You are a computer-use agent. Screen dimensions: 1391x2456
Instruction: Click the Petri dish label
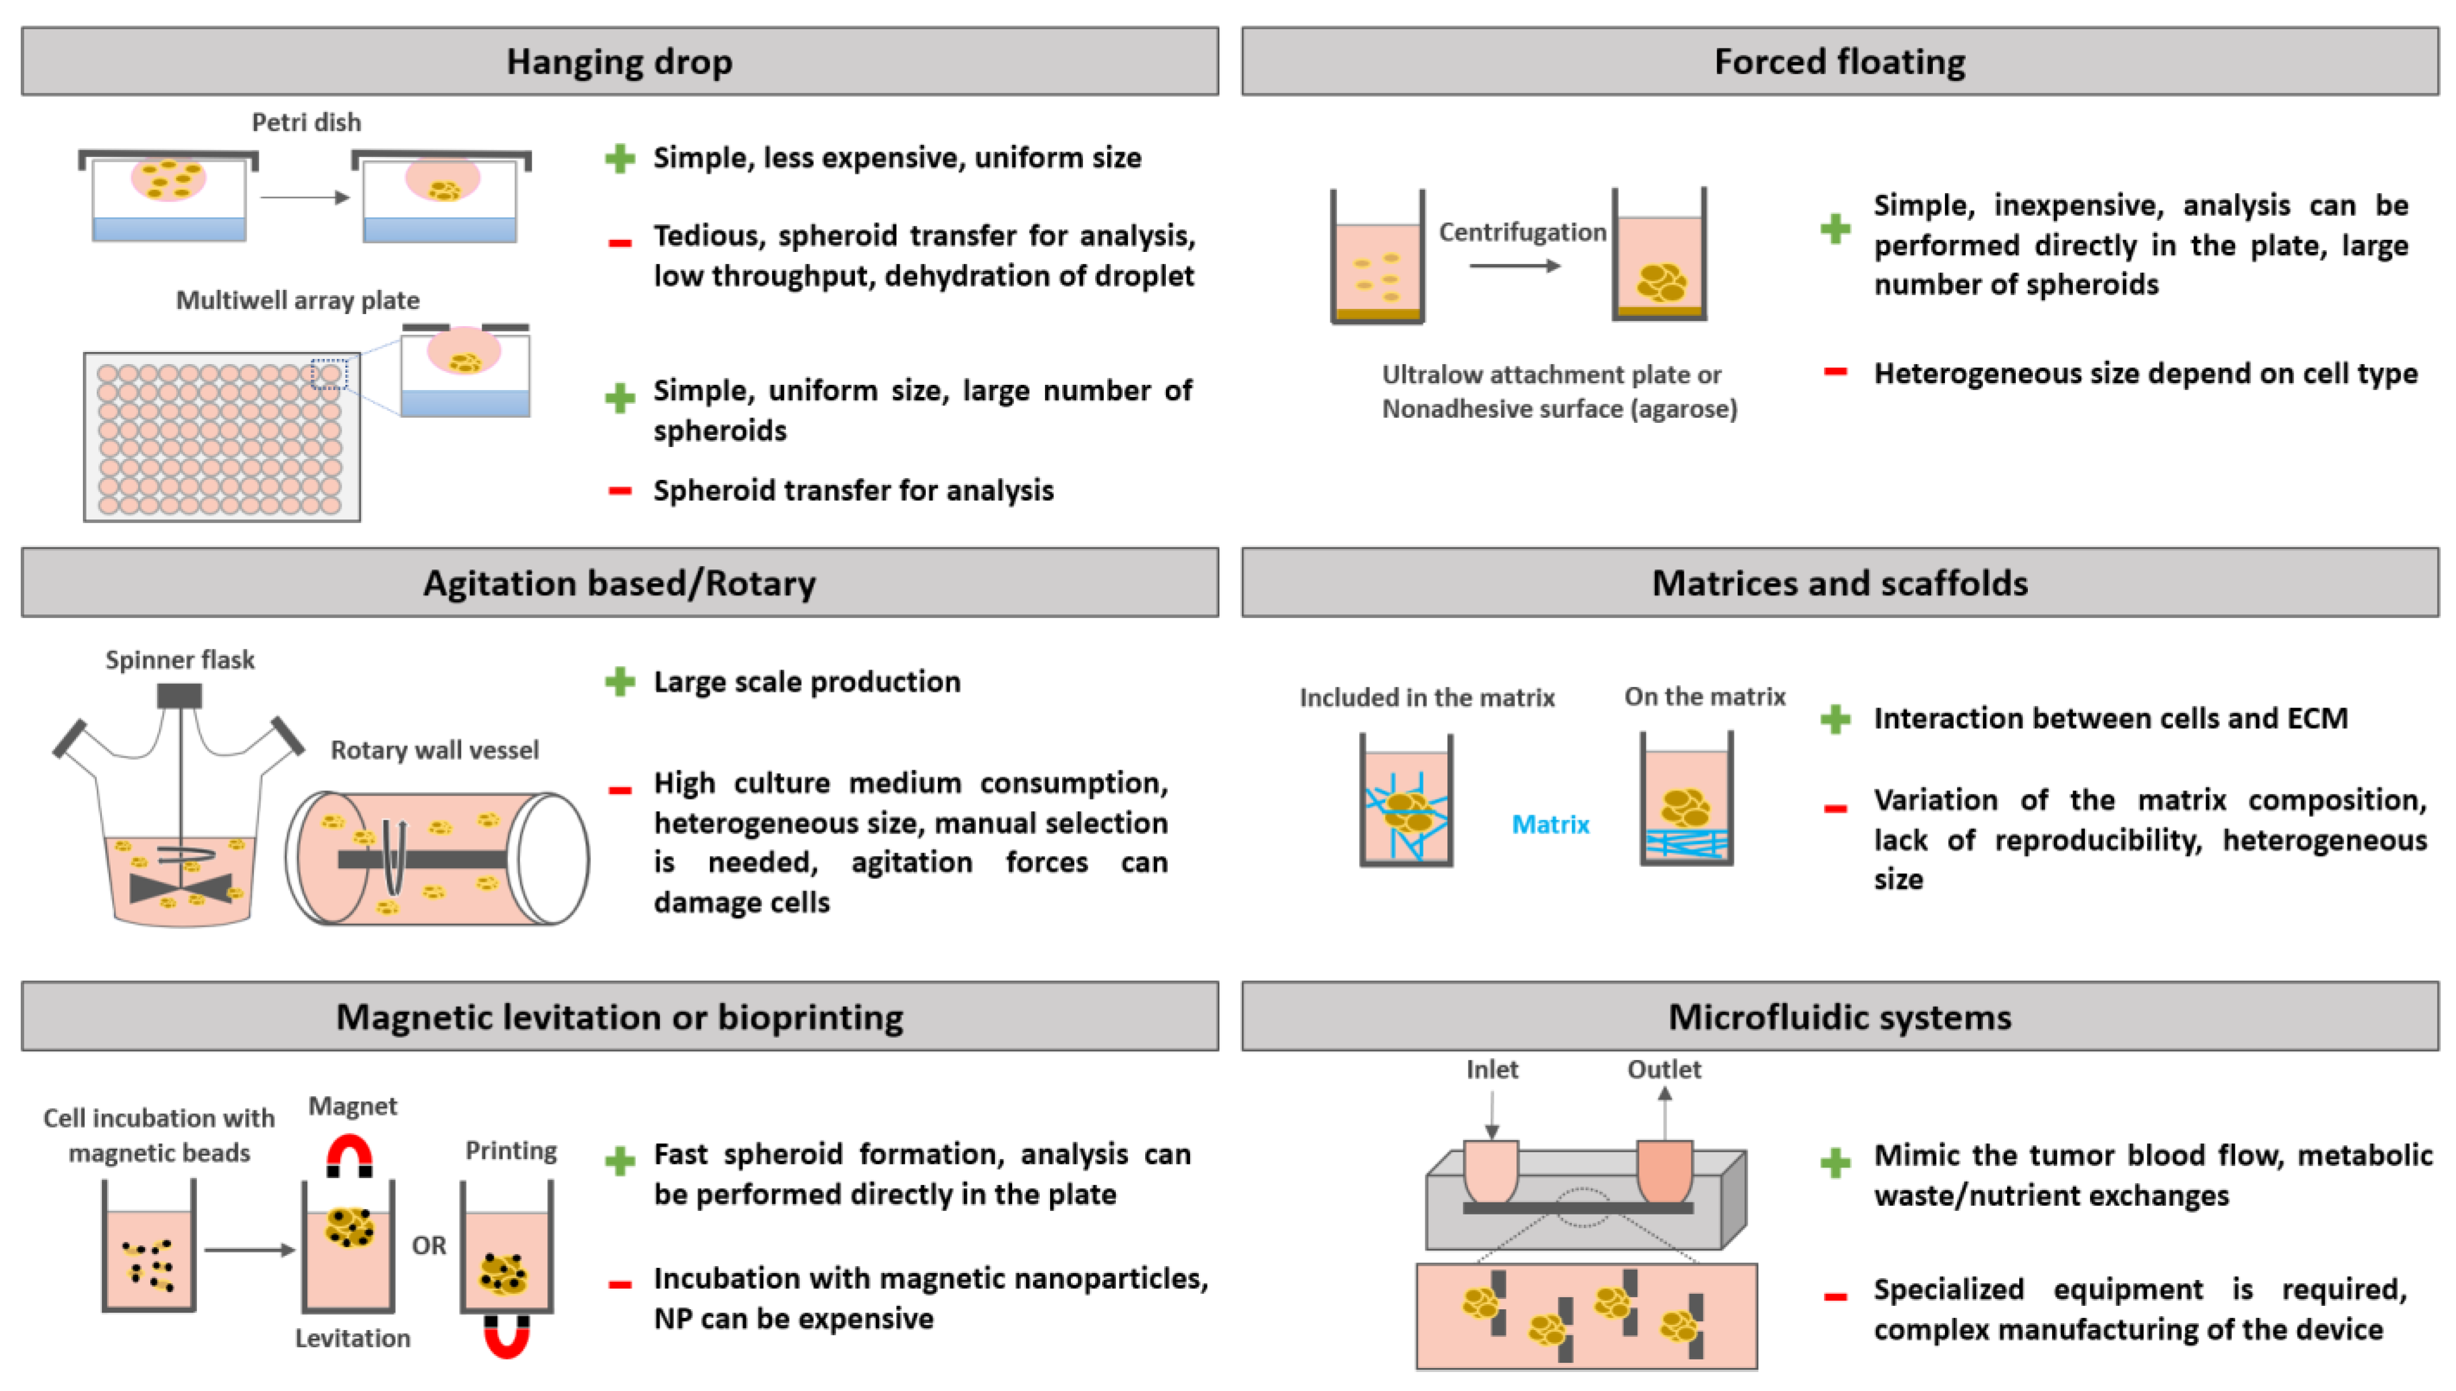pos(306,123)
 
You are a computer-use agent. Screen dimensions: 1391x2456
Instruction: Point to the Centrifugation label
pos(1521,232)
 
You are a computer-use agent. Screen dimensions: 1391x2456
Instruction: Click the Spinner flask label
pos(180,660)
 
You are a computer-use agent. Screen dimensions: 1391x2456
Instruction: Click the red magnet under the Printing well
pos(506,1336)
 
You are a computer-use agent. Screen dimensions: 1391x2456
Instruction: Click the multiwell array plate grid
pos(221,438)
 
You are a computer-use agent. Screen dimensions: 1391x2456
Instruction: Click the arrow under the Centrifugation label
pos(1514,266)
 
